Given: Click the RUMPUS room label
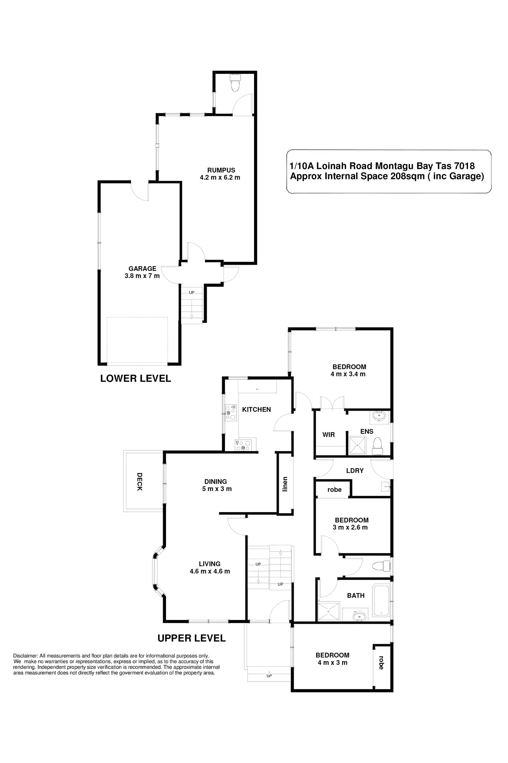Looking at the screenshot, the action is pyautogui.click(x=221, y=170).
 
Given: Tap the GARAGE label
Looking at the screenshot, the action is pyautogui.click(x=142, y=269).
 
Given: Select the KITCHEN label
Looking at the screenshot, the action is pyautogui.click(x=256, y=409).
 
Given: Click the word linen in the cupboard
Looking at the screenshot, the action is pyautogui.click(x=285, y=484).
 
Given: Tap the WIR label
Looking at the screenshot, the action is pyautogui.click(x=329, y=435).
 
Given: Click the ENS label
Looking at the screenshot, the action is pyautogui.click(x=367, y=431).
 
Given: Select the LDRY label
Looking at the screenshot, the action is pyautogui.click(x=355, y=470).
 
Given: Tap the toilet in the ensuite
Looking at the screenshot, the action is pyautogui.click(x=378, y=444).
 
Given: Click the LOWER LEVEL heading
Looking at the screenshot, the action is pyautogui.click(x=136, y=378).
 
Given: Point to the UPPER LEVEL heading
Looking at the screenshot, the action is pyautogui.click(x=192, y=638).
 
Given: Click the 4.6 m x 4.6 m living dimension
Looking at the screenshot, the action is pyautogui.click(x=210, y=571).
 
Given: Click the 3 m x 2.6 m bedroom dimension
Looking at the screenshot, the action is pyautogui.click(x=350, y=527).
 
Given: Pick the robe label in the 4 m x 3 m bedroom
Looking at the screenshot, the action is pyautogui.click(x=381, y=662).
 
